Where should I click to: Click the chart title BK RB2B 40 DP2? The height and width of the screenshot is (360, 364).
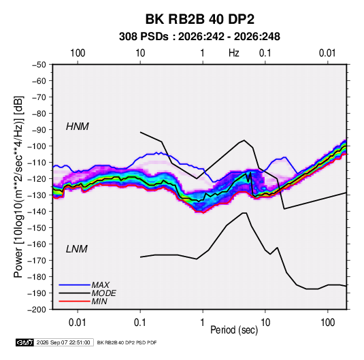click(x=199, y=19)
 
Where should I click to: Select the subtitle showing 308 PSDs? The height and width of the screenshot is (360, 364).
click(x=199, y=37)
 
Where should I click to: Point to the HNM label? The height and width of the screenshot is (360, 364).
click(x=78, y=127)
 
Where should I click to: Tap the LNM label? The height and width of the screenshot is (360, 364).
click(x=77, y=249)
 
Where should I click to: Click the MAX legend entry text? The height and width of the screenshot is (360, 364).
click(x=100, y=284)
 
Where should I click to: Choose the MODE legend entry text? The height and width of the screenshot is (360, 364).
click(x=104, y=293)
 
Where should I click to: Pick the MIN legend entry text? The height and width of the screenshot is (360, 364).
click(x=99, y=301)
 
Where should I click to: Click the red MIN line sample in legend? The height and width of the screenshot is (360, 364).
click(x=74, y=301)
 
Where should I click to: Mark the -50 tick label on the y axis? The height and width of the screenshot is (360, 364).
click(x=39, y=65)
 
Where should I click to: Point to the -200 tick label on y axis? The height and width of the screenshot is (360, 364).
click(x=37, y=310)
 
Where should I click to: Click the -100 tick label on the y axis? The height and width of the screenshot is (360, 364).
click(x=37, y=146)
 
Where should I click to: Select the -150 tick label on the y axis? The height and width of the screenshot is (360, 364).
click(x=37, y=228)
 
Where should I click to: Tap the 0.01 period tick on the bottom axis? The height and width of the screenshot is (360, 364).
click(x=78, y=323)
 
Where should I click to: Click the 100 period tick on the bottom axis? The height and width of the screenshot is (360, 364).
click(x=327, y=323)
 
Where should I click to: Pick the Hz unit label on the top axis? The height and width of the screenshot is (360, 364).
click(x=234, y=53)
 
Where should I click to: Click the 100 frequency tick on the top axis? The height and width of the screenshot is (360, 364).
click(x=78, y=53)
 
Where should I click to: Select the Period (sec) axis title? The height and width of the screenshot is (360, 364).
click(x=234, y=330)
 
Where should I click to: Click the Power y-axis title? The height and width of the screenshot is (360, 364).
click(x=18, y=187)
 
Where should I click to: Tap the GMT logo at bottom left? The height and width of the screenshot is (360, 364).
click(x=24, y=342)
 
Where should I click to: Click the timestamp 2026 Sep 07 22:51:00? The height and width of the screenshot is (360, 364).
click(x=63, y=342)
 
